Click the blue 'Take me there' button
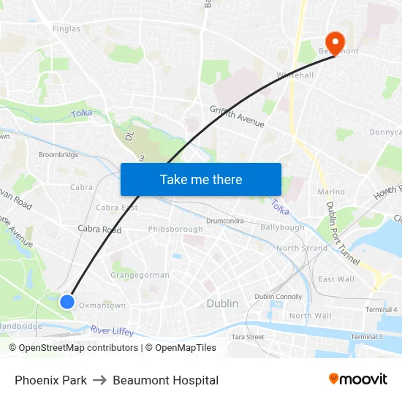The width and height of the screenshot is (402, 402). click(201, 179)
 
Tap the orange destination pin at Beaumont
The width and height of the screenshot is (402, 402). click(336, 42)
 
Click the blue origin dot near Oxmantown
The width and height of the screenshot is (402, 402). click(67, 301)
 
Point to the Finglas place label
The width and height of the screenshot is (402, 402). click(66, 29)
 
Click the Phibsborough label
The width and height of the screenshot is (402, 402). click(175, 230)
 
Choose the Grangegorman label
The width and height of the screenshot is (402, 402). click(140, 276)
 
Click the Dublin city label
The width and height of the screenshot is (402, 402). click(222, 303)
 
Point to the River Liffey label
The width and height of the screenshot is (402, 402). click(113, 332)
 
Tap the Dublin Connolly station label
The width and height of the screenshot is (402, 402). click(278, 297)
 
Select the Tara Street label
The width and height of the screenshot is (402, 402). click(248, 337)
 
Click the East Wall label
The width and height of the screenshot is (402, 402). click(336, 279)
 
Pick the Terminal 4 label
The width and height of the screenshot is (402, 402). click(381, 310)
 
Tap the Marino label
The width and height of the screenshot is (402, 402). click(331, 192)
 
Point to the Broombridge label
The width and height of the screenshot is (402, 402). click(58, 155)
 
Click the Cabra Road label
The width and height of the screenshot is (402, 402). click(99, 230)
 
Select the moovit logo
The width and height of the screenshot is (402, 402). click(358, 379)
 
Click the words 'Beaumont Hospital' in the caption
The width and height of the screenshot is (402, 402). click(166, 380)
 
